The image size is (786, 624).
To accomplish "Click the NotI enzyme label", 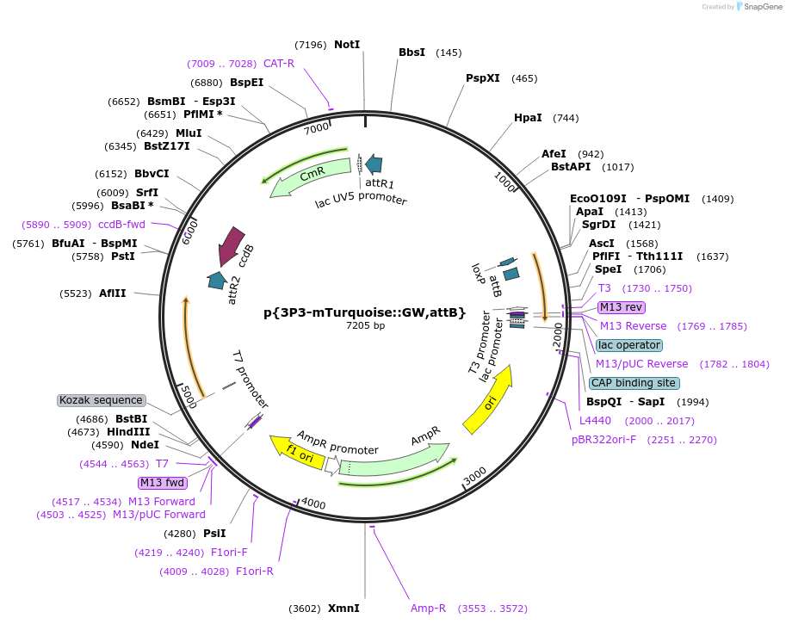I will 347,45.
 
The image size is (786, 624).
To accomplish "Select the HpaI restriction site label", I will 528,118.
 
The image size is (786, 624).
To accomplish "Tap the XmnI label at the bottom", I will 343,609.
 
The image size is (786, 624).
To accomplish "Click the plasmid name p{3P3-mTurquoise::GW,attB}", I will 365,312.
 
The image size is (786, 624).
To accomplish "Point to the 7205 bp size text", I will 365,326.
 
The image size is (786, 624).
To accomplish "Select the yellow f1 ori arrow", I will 295,449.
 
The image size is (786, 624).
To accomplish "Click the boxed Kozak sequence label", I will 101,400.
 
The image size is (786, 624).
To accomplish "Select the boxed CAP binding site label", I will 634,383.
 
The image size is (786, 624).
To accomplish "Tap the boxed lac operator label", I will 629,345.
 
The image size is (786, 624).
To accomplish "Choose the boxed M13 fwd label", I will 163,483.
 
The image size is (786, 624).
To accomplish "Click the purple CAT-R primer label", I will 279,64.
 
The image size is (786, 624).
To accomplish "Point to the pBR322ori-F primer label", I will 644,440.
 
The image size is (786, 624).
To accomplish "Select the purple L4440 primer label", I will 596,421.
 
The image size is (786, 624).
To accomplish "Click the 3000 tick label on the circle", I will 475,474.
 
